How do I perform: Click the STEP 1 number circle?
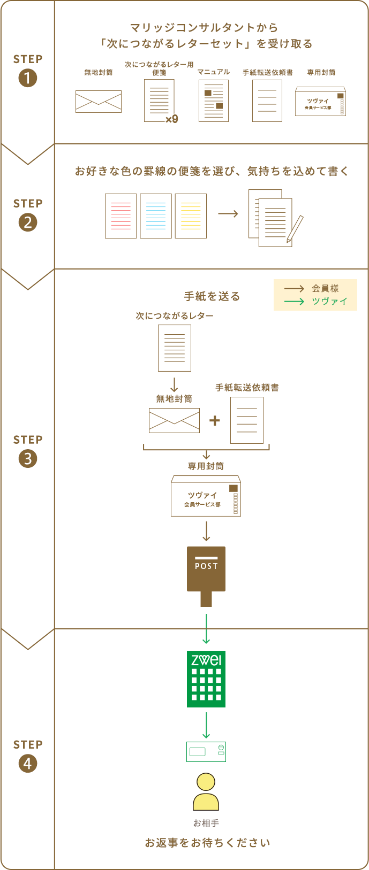tap(27, 79)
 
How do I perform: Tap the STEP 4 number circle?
tap(27, 764)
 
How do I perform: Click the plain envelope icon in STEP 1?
tap(99, 101)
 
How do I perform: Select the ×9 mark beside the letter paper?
tap(171, 119)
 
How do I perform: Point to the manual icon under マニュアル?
tap(214, 101)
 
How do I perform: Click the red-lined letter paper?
tap(121, 216)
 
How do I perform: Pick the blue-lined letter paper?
tap(156, 216)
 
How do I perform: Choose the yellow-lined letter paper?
tap(191, 216)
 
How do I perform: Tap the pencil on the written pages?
tap(295, 229)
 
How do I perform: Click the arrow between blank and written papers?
tap(228, 214)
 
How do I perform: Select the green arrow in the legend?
tap(294, 302)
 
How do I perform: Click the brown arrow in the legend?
tap(294, 289)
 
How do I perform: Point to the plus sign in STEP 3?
tap(215, 420)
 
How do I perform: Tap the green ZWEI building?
tap(206, 679)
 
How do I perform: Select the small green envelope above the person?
tap(206, 751)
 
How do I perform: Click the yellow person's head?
tap(206, 782)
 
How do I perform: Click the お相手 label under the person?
tap(206, 823)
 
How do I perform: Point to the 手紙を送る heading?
tap(212, 296)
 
